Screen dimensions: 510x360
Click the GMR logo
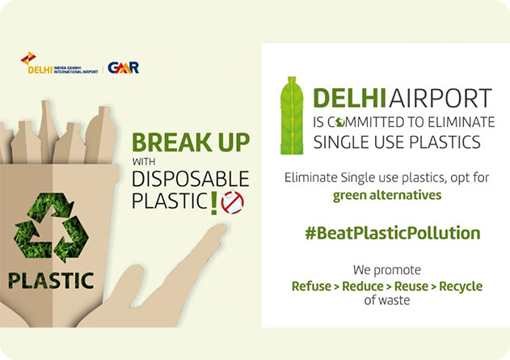(124, 67)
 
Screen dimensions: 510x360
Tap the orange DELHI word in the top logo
(40, 70)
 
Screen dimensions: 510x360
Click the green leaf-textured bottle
(292, 116)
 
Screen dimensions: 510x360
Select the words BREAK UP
(191, 142)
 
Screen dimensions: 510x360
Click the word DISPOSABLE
(191, 179)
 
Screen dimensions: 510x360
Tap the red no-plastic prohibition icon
(232, 202)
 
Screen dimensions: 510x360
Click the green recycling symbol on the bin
(51, 227)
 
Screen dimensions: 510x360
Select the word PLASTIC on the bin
(51, 281)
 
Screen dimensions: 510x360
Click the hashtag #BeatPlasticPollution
(393, 233)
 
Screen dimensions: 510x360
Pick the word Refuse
(311, 286)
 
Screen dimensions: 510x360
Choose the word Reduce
(363, 286)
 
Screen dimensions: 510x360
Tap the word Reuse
(411, 286)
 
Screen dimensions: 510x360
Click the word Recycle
(461, 286)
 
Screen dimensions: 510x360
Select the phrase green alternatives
(387, 195)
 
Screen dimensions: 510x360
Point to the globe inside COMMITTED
(340, 122)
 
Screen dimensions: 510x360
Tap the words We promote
(387, 270)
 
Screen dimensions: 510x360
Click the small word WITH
(144, 162)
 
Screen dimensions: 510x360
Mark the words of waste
(386, 300)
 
